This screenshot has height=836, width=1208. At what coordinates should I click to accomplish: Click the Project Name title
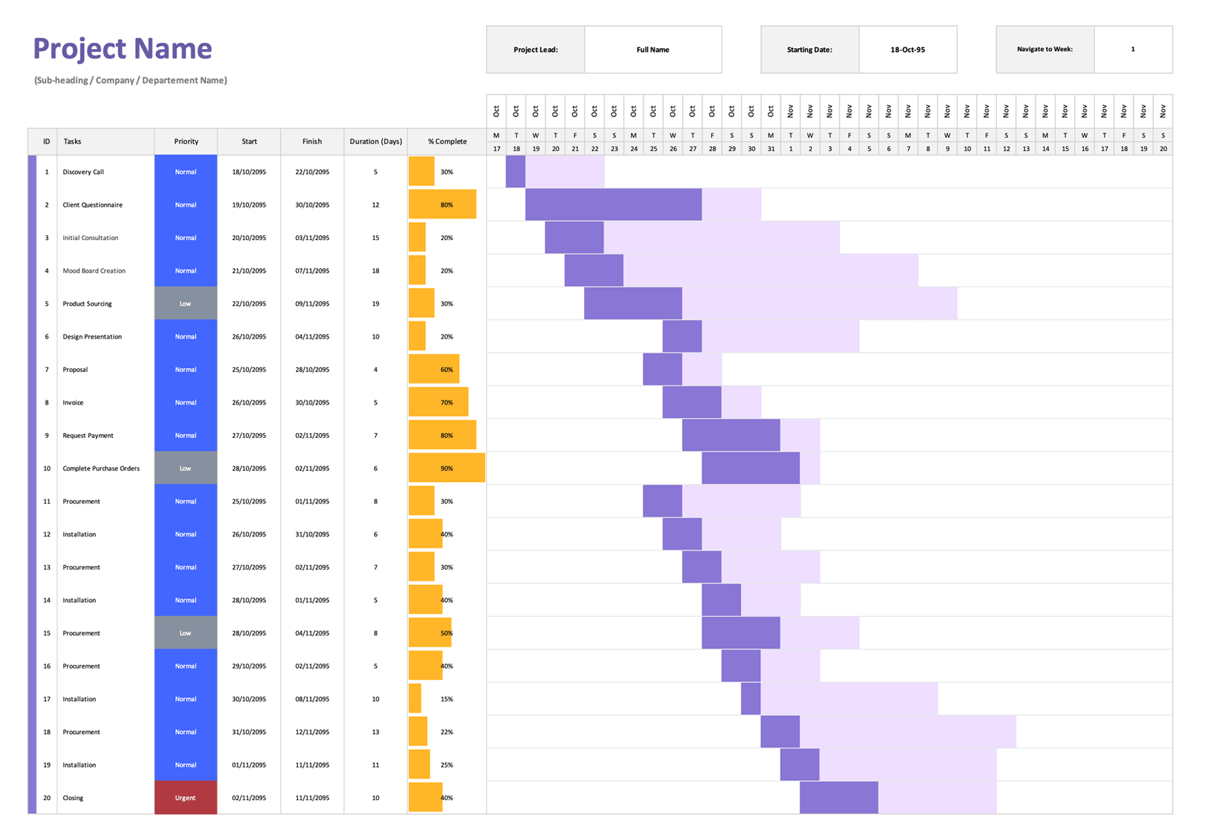click(x=122, y=49)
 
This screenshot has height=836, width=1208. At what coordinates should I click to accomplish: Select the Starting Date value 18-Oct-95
click(x=907, y=50)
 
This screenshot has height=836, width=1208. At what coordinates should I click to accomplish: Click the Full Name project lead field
click(x=653, y=50)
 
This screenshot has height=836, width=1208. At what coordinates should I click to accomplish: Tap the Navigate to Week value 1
click(x=1133, y=50)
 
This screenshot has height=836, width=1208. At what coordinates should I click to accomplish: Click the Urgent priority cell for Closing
click(x=186, y=797)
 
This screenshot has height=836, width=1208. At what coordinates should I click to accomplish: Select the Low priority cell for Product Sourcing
click(x=186, y=303)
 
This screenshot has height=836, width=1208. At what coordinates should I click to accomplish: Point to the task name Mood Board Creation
click(x=94, y=271)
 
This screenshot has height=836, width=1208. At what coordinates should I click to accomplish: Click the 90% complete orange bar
click(x=446, y=468)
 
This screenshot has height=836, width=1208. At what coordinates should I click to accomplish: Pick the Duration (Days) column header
click(x=375, y=141)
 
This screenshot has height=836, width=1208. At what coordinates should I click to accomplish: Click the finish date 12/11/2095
click(x=312, y=732)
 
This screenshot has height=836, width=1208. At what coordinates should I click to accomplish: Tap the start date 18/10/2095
click(x=249, y=172)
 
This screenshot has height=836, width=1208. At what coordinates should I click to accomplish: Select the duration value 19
click(x=375, y=303)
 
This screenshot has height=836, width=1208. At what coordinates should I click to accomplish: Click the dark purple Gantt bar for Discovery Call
click(x=515, y=172)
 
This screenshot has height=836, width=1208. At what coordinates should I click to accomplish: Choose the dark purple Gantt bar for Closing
click(x=838, y=797)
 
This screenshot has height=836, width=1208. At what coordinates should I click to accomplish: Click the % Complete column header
click(x=447, y=141)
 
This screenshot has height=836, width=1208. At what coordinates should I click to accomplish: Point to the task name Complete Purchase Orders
click(x=101, y=468)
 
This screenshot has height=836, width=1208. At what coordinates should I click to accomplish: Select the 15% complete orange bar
click(x=415, y=699)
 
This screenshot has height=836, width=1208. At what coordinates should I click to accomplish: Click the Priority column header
click(x=186, y=141)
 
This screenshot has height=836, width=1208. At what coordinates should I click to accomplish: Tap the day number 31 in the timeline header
click(x=771, y=149)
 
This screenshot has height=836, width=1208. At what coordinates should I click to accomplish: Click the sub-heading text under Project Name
click(x=130, y=81)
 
